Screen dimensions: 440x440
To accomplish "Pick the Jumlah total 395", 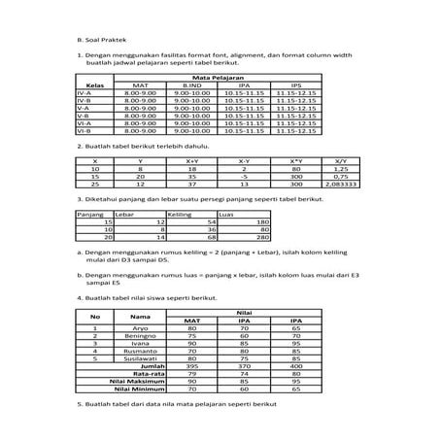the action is tap(193, 366).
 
